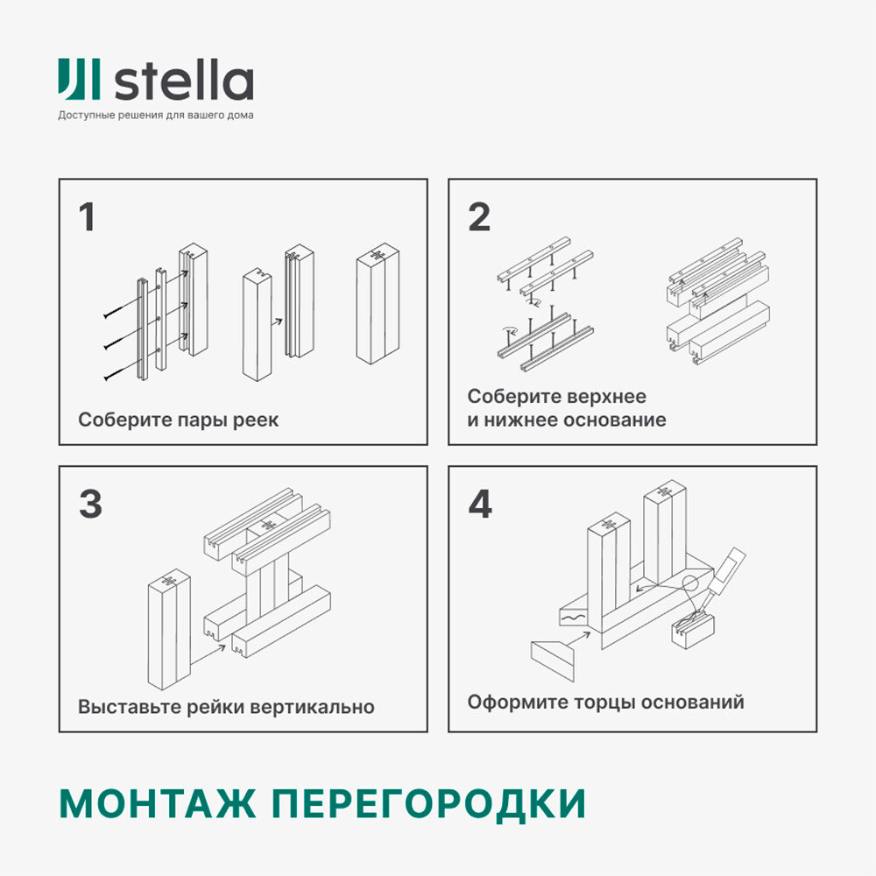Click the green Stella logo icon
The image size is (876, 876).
point(80,80)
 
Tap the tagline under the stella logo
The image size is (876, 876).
point(156,116)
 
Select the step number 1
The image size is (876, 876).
point(87,218)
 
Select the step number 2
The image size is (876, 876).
point(478,218)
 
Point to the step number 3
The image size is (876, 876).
point(89,505)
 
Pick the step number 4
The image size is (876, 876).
point(480,505)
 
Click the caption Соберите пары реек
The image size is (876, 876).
point(178,420)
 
